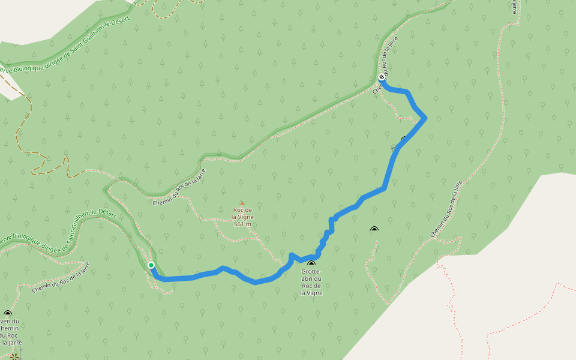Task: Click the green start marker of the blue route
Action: coord(151,265)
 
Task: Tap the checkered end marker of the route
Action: coord(382,77)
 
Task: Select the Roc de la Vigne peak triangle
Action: coord(242,203)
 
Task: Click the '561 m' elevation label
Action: coord(242,224)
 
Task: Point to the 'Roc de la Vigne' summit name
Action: coord(242,213)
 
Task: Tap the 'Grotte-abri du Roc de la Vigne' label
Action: coord(311,282)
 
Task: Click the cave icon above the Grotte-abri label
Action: coord(311,263)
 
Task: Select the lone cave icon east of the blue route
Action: coord(374,229)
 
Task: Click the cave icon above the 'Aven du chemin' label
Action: coord(8,313)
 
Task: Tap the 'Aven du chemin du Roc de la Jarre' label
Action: coord(11,332)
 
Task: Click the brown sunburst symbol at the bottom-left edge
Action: coord(14,356)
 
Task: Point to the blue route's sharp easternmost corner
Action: coord(425,118)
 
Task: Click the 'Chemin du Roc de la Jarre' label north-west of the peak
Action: coord(179,187)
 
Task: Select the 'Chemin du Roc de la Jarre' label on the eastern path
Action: coord(447,209)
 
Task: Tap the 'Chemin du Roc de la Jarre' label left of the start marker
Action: coord(61,278)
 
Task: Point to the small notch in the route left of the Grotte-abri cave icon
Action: coord(292,256)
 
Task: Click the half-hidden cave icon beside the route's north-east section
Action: coord(404,139)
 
